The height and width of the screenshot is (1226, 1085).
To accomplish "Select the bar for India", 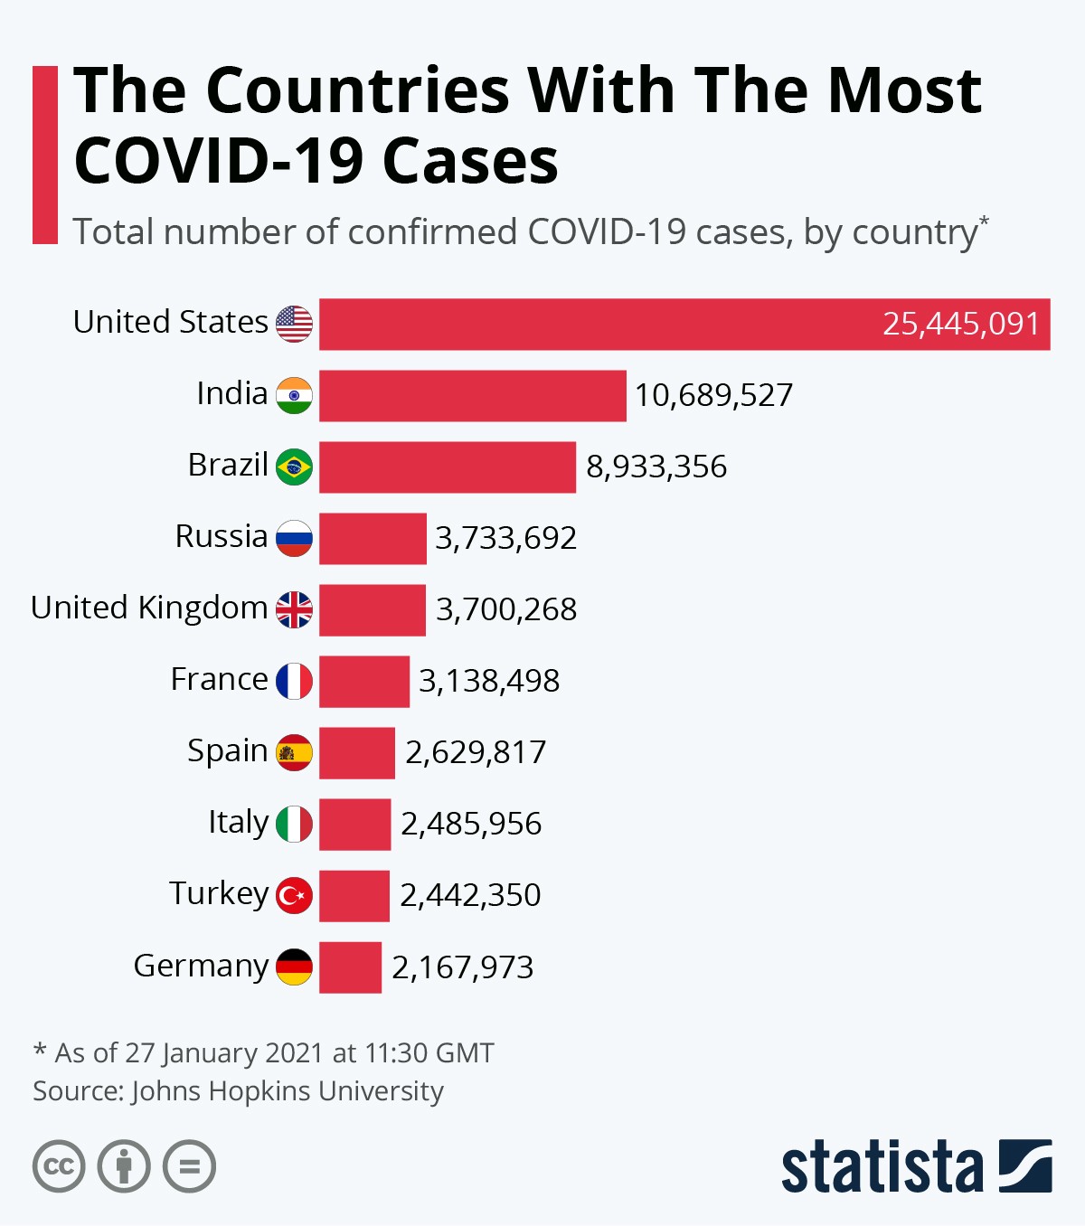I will [x=472, y=395].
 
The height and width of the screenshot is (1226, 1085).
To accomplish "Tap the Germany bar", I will [x=350, y=967].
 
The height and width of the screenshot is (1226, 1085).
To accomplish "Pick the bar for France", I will [x=363, y=681].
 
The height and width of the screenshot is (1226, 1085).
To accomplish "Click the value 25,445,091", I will [x=960, y=324].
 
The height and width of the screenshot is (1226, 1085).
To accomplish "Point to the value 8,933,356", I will [x=656, y=467].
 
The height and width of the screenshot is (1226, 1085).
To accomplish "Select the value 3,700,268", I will [x=506, y=609].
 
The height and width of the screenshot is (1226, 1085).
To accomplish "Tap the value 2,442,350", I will [x=470, y=895].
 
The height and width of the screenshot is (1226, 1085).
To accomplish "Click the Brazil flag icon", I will [x=294, y=467].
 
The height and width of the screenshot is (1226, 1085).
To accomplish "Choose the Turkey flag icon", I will [x=294, y=895].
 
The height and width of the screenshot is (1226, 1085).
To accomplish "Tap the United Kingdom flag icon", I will [x=294, y=609].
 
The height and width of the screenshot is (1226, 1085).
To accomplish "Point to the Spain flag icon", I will [x=294, y=752].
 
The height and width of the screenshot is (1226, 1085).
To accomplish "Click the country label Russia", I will [x=222, y=536].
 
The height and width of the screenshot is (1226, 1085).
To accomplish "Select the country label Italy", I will [x=238, y=822].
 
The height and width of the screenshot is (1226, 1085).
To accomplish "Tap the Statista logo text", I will [x=882, y=1167].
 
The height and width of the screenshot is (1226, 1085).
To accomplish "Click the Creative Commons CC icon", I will [x=59, y=1166].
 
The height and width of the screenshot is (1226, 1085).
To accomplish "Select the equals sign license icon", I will [x=189, y=1166].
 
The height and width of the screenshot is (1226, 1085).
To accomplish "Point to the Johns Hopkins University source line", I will [x=238, y=1091].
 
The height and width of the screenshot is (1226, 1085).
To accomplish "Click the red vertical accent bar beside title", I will [x=44, y=154].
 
